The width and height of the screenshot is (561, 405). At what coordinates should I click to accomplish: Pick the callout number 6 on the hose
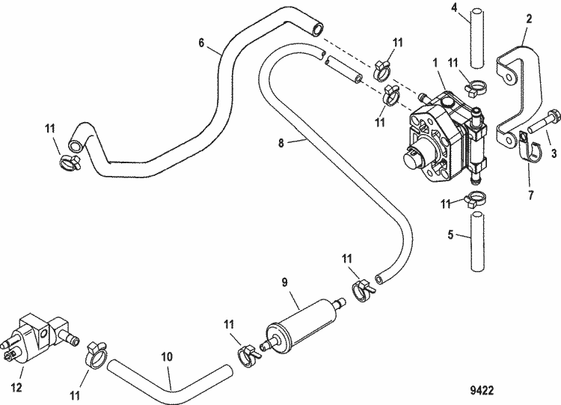[201, 43]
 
